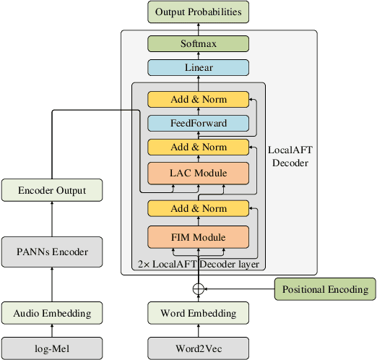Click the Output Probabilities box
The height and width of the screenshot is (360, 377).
198,12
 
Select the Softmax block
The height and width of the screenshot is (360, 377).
198,43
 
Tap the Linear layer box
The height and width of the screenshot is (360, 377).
198,68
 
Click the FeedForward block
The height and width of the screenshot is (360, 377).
198,123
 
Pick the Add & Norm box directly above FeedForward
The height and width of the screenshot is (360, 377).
198,99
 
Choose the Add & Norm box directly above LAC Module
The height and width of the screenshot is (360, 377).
198,147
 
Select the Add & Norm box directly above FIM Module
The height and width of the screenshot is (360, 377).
198,208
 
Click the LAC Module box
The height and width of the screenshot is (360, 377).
198,173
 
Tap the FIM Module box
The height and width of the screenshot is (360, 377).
198,236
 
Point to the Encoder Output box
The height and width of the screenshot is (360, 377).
52,191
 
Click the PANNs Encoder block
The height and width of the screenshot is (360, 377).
52,252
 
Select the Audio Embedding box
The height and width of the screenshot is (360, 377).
52,313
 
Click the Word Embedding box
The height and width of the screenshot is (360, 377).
198,313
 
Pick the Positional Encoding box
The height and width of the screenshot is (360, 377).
325,289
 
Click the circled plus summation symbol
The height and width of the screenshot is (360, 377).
198,289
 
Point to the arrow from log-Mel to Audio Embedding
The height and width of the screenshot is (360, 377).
52,330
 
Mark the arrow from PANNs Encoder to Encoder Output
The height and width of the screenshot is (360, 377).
52,220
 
